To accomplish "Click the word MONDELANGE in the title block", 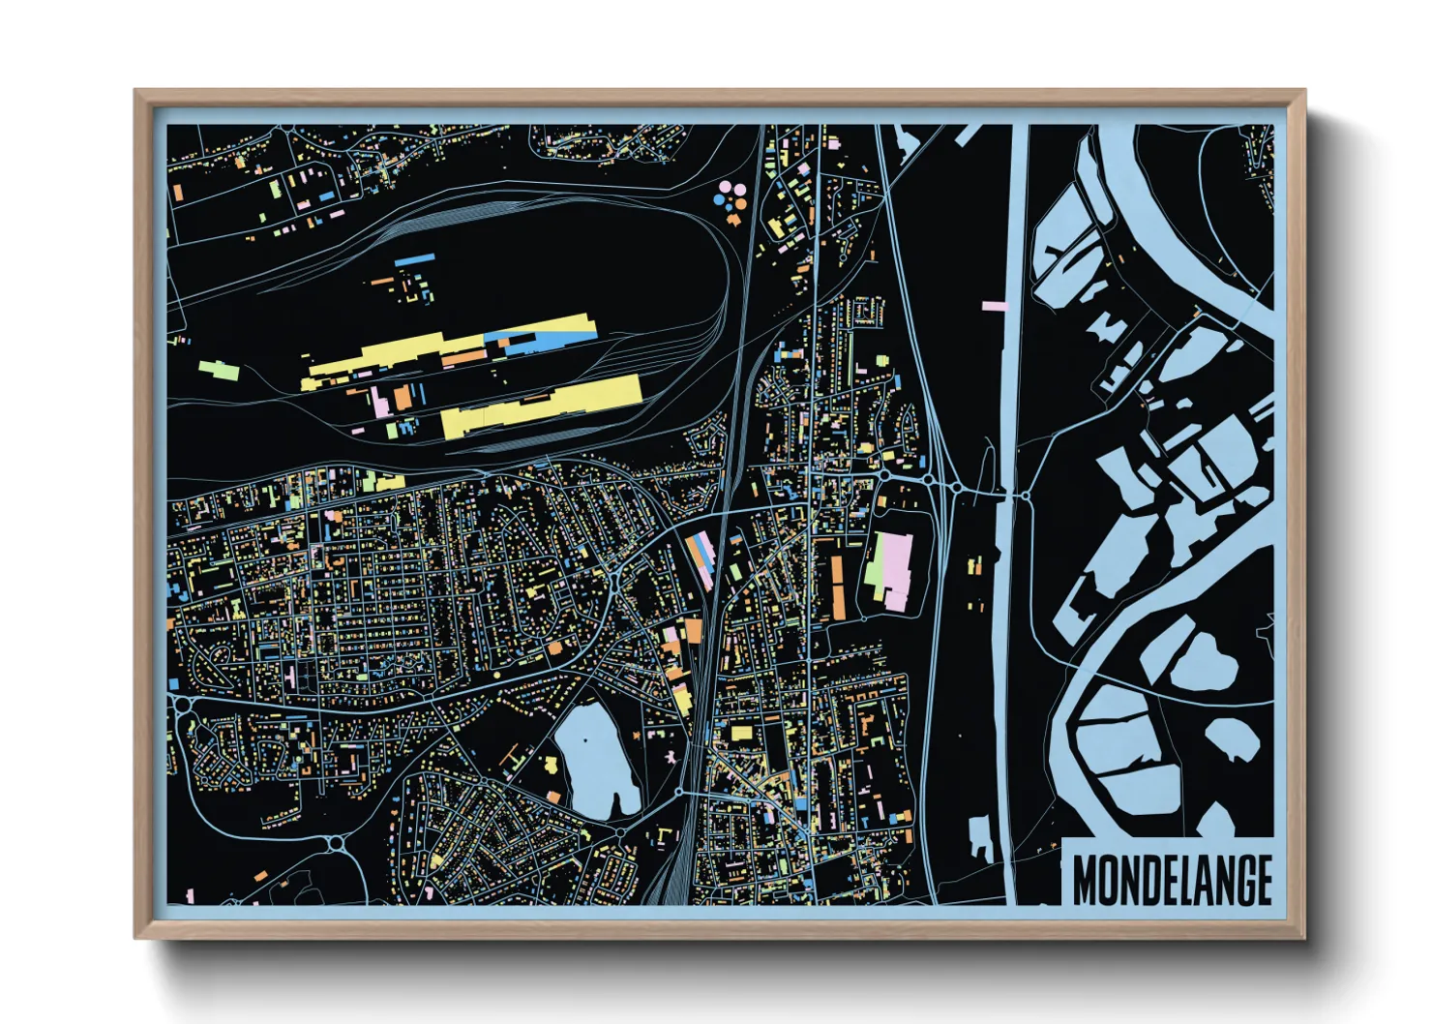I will [x=1172, y=879].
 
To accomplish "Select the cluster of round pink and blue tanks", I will [x=730, y=196].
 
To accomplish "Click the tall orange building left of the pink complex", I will [x=838, y=587].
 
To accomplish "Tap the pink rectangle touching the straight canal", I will [x=995, y=306].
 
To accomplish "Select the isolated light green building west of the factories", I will [x=218, y=369].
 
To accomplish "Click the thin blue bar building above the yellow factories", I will [x=414, y=259].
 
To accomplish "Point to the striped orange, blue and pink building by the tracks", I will [x=701, y=557].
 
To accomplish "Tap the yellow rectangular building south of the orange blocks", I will [x=741, y=733].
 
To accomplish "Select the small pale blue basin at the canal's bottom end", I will [x=980, y=834].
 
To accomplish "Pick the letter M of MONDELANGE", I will [x=1086, y=880].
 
